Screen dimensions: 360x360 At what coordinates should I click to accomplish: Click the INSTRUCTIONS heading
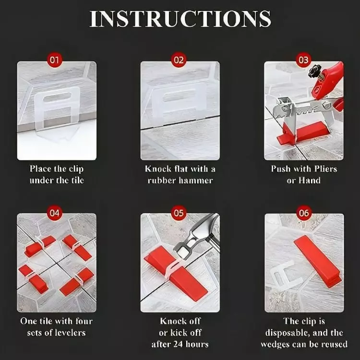(180, 19)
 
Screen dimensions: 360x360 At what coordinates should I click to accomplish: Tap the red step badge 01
(54, 60)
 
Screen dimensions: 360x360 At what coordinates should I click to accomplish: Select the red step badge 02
(179, 60)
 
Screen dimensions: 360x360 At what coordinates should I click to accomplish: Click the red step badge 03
(303, 60)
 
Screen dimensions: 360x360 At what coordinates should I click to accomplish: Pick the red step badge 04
(54, 213)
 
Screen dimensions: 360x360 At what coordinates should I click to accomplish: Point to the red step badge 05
(179, 213)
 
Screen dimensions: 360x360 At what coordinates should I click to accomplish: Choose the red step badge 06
(303, 213)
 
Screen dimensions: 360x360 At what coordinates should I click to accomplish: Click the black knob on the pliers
(314, 71)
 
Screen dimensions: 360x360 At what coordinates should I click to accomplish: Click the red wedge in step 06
(318, 261)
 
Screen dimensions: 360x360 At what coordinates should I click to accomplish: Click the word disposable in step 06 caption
(286, 333)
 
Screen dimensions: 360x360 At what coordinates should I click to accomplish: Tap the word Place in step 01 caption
(40, 169)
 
